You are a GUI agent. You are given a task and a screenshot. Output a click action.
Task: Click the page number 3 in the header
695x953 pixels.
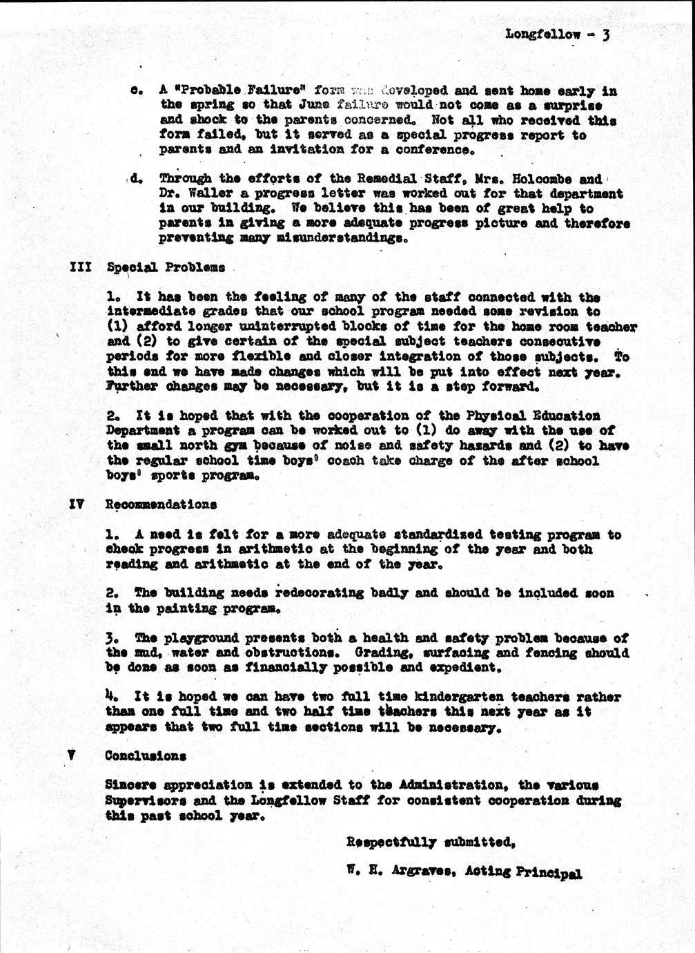605,35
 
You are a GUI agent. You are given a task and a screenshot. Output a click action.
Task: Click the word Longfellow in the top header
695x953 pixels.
542,34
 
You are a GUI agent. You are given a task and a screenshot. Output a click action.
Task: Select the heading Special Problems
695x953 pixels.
166,267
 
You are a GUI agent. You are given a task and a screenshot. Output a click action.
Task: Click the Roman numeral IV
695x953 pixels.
77,504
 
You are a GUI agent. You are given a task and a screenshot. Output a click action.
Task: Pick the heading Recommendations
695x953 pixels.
161,505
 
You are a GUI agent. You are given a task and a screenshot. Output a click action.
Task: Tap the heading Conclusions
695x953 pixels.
145,755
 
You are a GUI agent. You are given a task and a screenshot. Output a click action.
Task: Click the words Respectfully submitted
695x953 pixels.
431,843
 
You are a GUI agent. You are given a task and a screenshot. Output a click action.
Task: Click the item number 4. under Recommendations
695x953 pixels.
110,696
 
